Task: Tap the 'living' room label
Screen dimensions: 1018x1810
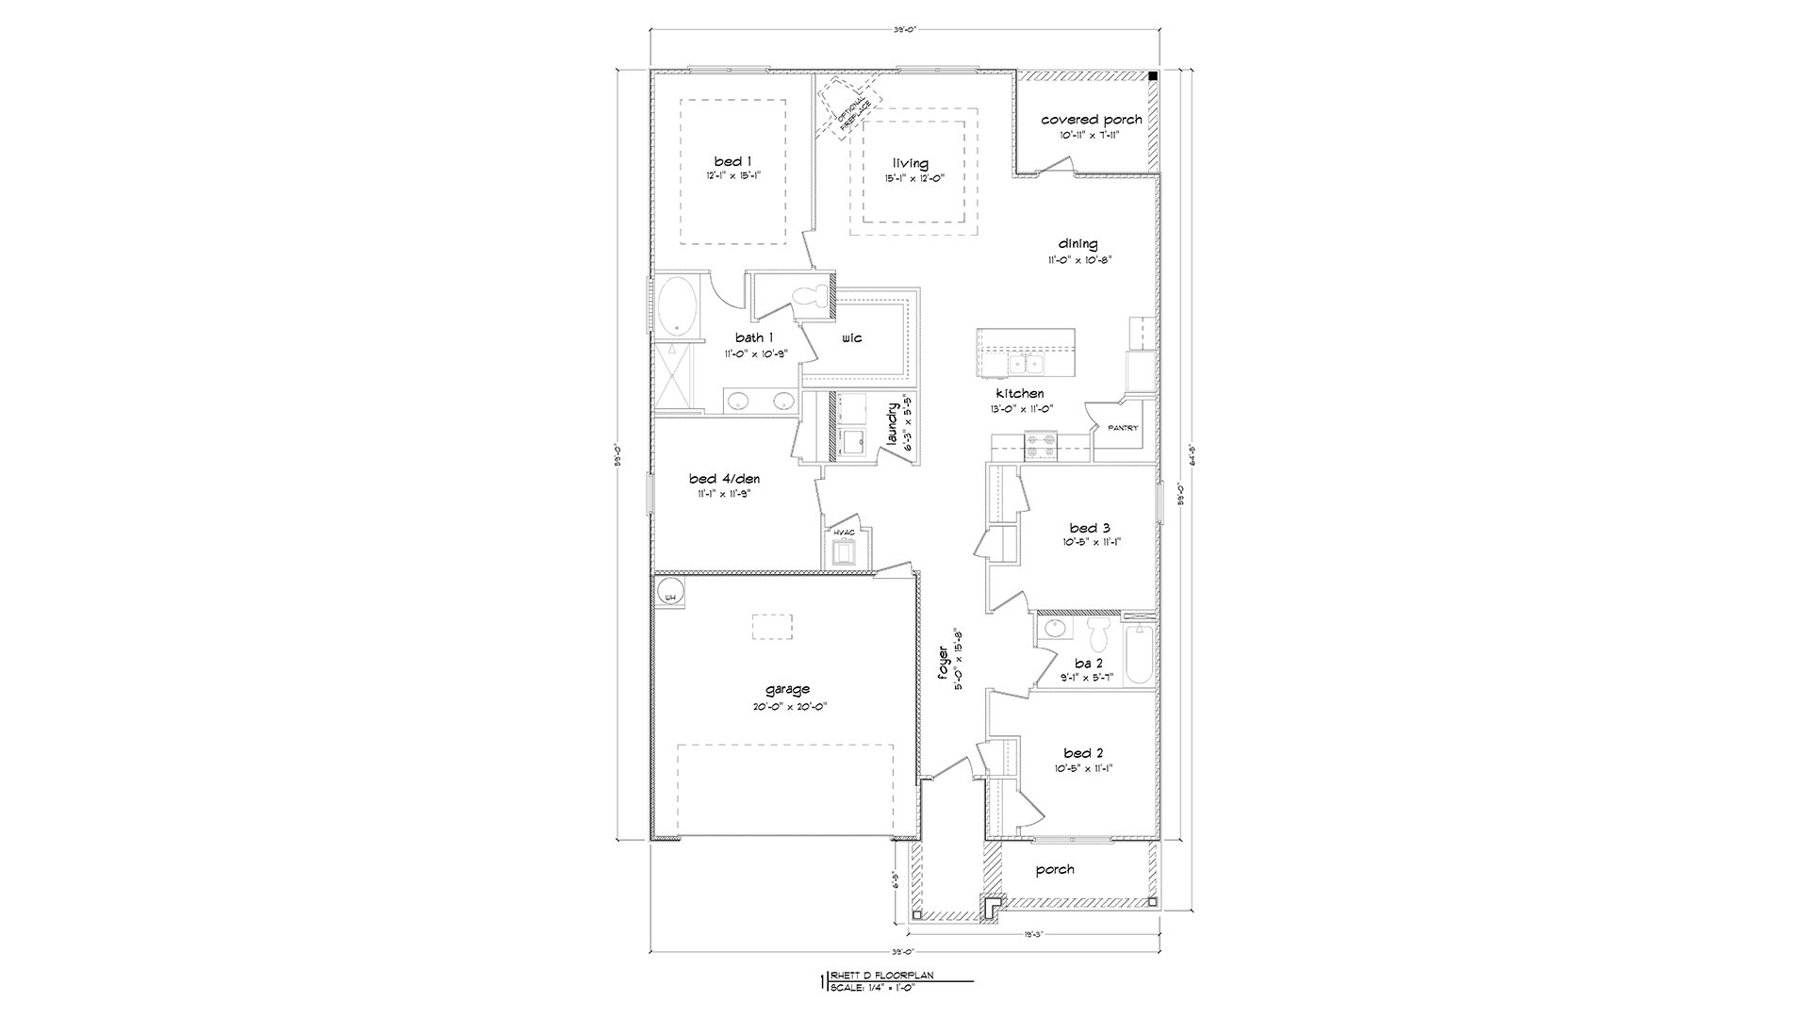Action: click(x=911, y=164)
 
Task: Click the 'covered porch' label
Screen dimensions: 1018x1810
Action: click(x=1091, y=120)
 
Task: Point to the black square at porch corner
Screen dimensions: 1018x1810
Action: click(x=1152, y=76)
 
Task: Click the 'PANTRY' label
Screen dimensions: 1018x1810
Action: click(x=1122, y=428)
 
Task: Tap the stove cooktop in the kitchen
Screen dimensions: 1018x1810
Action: click(x=1041, y=445)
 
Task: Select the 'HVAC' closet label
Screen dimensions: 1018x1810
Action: click(x=844, y=533)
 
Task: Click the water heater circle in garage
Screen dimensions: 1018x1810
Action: click(x=670, y=595)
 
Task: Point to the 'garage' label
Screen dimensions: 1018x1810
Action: click(x=787, y=689)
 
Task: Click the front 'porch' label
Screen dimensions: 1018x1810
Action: click(x=1054, y=869)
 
